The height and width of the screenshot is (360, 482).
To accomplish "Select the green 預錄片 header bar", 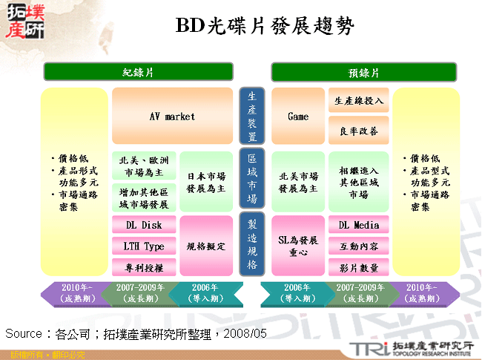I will (364, 72).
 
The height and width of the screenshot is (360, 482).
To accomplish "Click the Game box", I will (298, 117).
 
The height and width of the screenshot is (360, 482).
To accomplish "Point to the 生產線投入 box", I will (359, 101).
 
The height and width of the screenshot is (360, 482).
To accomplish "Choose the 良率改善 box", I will (359, 131).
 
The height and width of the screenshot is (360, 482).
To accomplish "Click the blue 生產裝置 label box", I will (252, 117).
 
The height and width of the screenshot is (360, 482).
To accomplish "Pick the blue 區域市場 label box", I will (252, 180).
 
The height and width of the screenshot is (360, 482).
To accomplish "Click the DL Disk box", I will (144, 225).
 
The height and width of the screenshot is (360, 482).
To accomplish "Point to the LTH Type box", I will (144, 246).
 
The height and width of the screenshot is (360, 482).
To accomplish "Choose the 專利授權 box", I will (144, 266).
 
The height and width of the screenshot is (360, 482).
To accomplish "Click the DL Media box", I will (359, 225).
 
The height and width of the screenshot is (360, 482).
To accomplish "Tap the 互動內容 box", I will (359, 246).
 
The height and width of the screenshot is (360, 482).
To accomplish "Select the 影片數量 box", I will (359, 266).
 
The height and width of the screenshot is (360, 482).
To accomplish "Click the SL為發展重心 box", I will (298, 246).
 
